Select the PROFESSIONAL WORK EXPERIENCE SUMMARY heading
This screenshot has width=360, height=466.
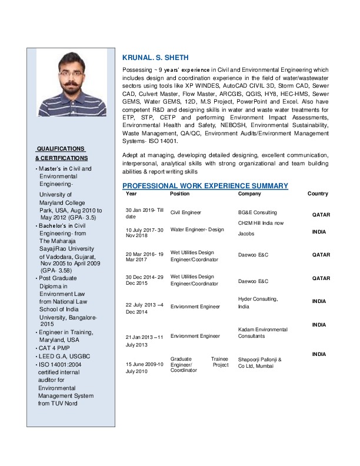(205, 186)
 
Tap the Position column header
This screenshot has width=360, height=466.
(179, 194)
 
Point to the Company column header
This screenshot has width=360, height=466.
(249, 194)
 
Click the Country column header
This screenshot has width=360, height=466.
(318, 194)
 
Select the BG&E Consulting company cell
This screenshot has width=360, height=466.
(257, 212)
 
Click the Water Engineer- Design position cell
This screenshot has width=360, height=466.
(197, 229)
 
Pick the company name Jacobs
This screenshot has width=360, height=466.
(246, 234)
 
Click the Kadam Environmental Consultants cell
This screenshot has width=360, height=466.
(262, 333)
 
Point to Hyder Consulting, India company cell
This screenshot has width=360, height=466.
(258, 303)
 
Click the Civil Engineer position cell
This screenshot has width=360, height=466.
(186, 212)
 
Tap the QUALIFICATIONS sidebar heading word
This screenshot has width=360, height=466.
(61, 148)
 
